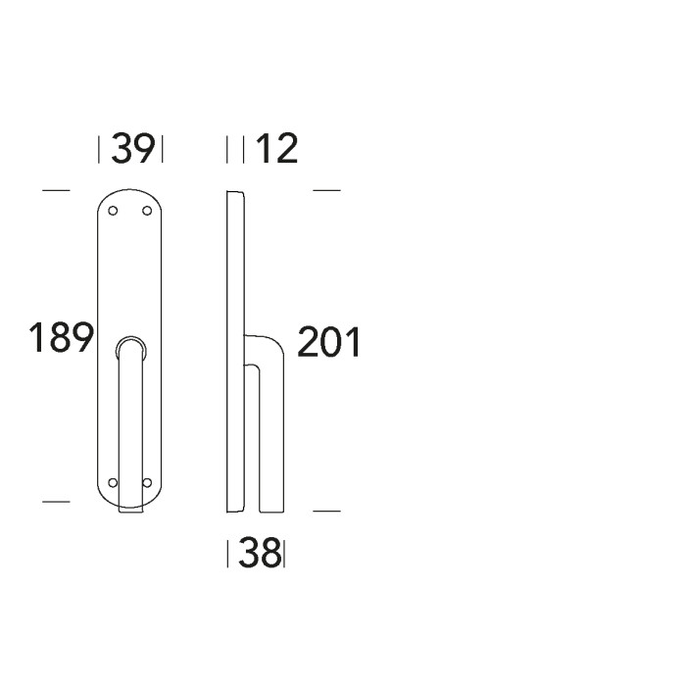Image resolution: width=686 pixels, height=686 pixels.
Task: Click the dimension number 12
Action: click(275, 149)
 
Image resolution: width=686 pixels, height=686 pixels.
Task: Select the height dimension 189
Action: click(60, 338)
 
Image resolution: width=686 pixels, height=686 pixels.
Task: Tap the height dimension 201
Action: click(328, 343)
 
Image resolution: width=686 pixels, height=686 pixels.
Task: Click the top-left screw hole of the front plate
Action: click(113, 211)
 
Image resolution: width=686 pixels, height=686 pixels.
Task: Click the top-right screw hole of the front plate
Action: click(148, 211)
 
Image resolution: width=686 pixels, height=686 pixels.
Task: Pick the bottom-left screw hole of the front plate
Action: click(113, 483)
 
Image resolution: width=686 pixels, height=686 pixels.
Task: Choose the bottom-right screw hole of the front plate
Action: click(148, 483)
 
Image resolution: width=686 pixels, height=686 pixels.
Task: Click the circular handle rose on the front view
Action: click(130, 347)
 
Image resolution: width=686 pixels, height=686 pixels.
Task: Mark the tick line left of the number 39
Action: click(100, 150)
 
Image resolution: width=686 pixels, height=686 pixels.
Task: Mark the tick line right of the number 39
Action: click(161, 150)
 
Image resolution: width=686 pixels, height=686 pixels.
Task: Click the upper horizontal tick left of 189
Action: click(57, 189)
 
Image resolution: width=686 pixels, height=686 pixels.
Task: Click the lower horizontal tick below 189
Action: click(57, 502)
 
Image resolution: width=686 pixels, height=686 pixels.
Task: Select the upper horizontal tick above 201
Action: click(326, 189)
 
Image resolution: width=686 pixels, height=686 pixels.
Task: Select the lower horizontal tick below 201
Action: click(326, 511)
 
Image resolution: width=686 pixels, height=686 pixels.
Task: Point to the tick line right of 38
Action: click(284, 556)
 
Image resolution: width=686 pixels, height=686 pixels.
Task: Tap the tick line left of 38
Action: click(228, 556)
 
